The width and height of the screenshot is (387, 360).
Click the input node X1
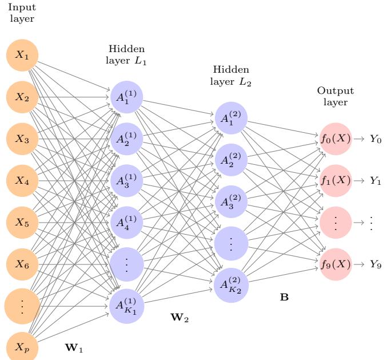tap(22, 56)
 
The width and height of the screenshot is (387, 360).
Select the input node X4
tap(22, 180)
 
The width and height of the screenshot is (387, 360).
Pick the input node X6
tap(22, 264)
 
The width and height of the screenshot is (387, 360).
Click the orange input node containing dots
tap(22, 306)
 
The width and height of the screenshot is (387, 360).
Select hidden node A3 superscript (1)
tap(126, 180)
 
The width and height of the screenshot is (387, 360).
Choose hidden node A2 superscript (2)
tap(230, 160)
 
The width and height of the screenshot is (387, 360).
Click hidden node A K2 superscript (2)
tap(230, 284)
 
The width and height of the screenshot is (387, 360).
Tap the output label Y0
tap(375, 139)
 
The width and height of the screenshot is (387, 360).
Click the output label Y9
tap(375, 264)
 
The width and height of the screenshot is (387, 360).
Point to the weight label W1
tap(75, 347)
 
